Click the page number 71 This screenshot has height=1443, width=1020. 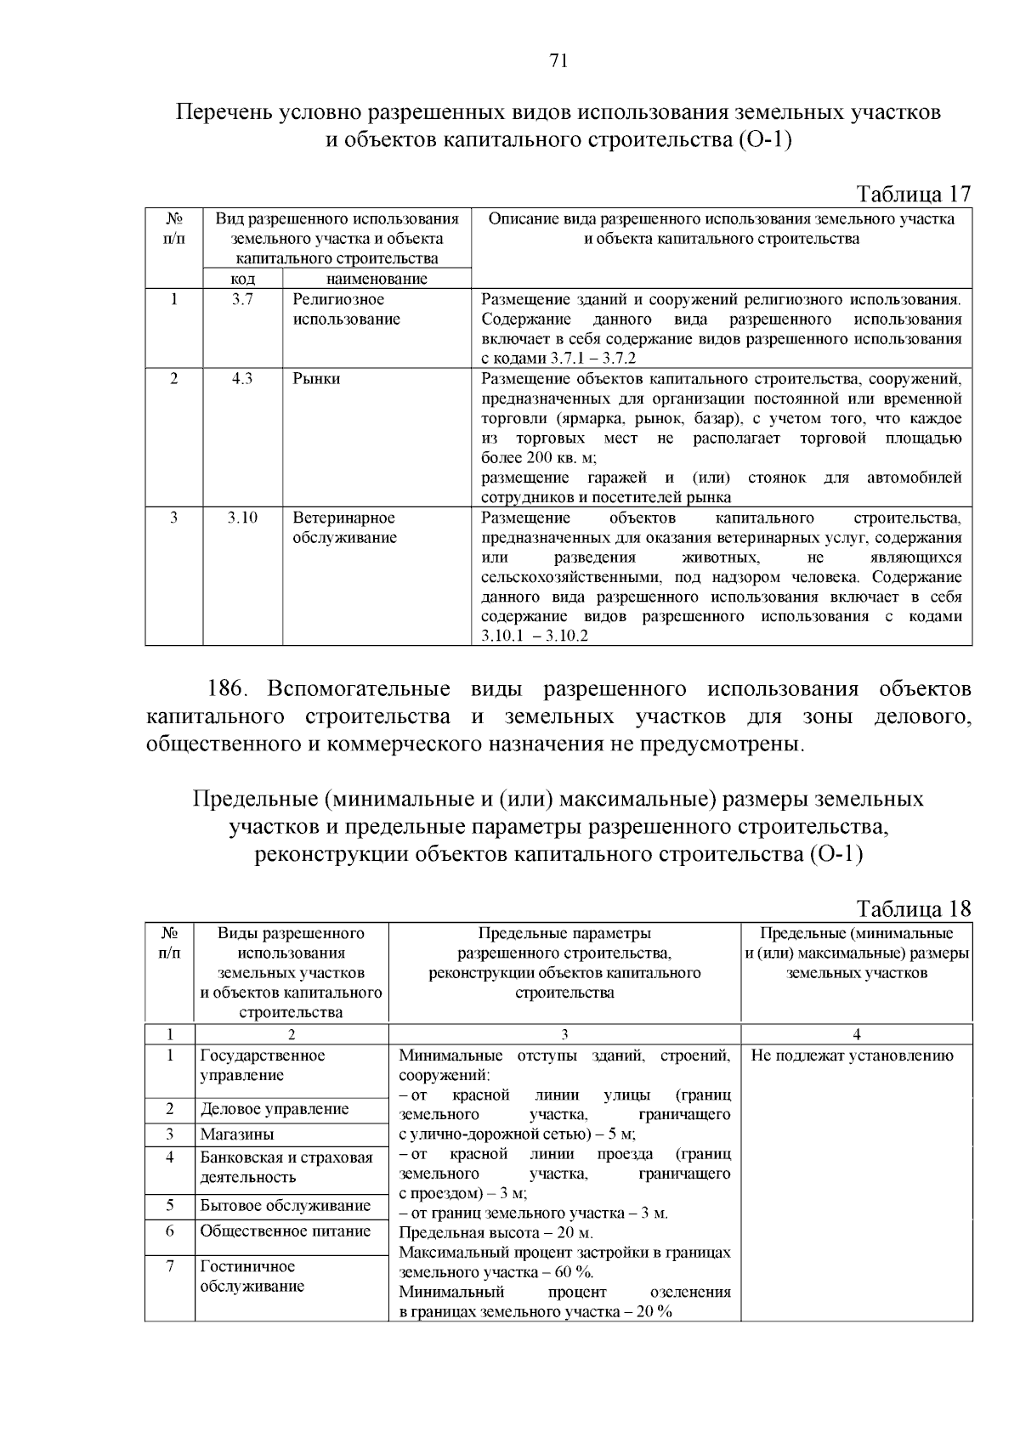[558, 60]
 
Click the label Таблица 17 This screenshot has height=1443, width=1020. [914, 194]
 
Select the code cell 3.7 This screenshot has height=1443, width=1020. [242, 299]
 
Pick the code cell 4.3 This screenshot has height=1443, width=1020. [242, 379]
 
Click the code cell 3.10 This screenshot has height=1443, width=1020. [242, 518]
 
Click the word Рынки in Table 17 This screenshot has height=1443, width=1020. [316, 379]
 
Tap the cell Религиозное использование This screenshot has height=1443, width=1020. [346, 309]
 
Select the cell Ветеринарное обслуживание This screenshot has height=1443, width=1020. [344, 528]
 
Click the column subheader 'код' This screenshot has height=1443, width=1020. [243, 279]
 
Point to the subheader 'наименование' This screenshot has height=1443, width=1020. [377, 279]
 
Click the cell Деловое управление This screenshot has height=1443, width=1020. [275, 1109]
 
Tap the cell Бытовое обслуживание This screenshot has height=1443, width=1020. [285, 1206]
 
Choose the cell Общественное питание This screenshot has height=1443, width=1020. [285, 1231]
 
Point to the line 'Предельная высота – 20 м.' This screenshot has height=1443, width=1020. [496, 1232]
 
